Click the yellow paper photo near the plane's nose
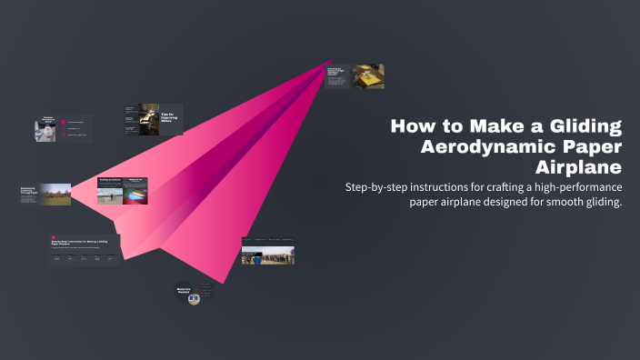368,76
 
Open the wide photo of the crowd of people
267,255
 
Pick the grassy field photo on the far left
55,194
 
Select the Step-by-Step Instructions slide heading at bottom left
80,243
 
